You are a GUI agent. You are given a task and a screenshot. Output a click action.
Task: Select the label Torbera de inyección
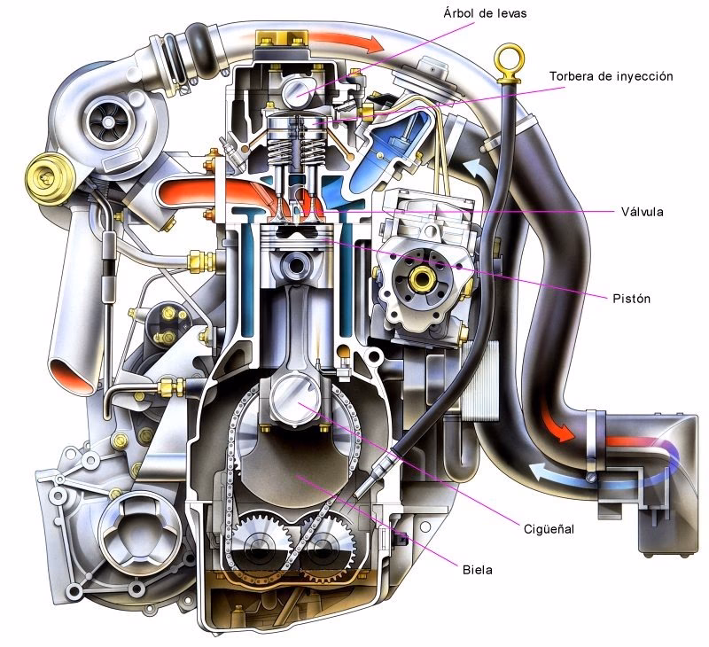click(612, 76)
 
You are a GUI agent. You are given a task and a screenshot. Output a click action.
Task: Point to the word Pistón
click(631, 298)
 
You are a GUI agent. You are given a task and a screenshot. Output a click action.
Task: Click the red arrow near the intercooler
click(556, 429)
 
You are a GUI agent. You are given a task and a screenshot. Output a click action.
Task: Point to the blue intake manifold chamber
click(381, 160)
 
